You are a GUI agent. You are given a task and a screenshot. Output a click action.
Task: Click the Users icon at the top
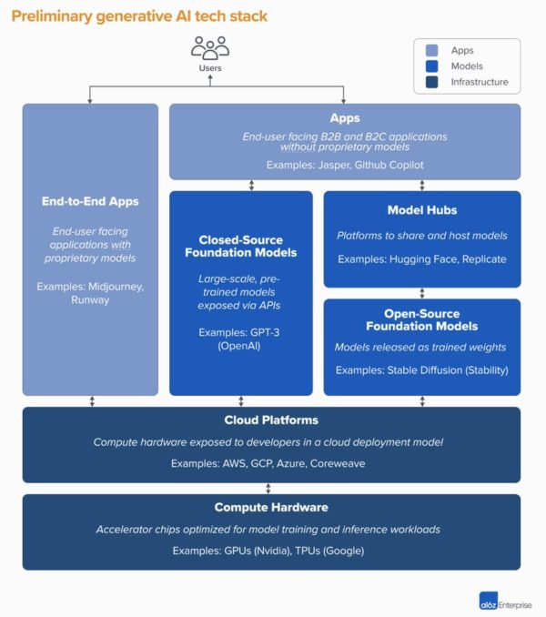point(210,47)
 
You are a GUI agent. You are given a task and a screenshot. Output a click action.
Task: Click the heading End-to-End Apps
point(89,200)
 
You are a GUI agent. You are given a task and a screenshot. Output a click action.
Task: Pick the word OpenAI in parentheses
point(240,346)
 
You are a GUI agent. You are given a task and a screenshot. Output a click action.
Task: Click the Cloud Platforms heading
point(270,420)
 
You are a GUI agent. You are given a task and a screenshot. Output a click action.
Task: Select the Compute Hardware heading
point(270,507)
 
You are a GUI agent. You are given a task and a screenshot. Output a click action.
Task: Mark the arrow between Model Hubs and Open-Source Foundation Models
point(422,293)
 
